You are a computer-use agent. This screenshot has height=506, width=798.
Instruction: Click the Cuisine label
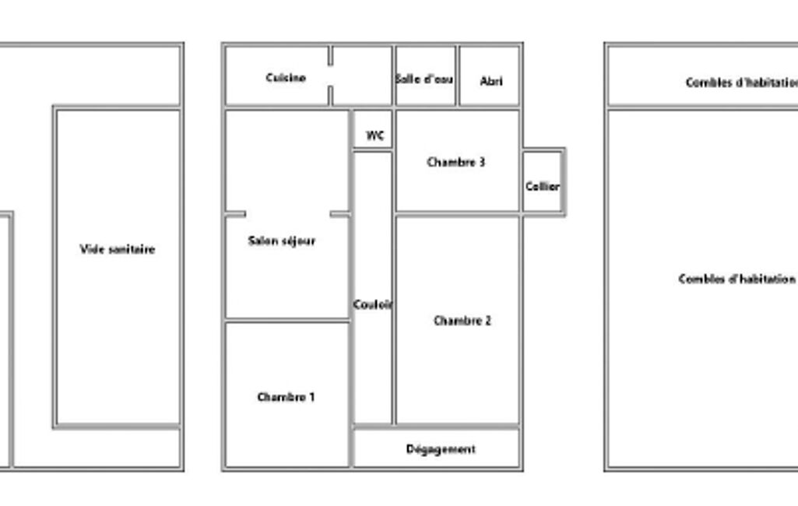pyautogui.click(x=286, y=78)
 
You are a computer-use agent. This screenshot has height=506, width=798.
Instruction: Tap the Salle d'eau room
pyautogui.click(x=425, y=76)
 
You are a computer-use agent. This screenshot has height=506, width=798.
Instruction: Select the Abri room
pyautogui.click(x=489, y=76)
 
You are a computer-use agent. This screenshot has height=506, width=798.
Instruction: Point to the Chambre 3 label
pyautogui.click(x=456, y=163)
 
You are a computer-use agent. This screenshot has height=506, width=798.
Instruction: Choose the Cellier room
pyautogui.click(x=542, y=181)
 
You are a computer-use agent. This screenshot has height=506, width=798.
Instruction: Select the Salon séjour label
pyautogui.click(x=281, y=241)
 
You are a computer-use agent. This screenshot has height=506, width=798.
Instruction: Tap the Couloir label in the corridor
pyautogui.click(x=373, y=304)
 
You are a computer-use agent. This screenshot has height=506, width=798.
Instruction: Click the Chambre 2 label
pyautogui.click(x=462, y=321)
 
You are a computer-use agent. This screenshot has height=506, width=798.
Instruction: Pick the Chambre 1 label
pyautogui.click(x=286, y=397)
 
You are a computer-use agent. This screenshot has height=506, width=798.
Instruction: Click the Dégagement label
pyautogui.click(x=441, y=449)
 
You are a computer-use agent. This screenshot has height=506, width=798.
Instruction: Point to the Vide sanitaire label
pyautogui.click(x=118, y=249)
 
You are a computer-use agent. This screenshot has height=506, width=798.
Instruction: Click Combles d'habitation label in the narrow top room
pyautogui.click(x=741, y=83)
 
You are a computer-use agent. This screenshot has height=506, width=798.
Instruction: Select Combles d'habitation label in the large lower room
pyautogui.click(x=737, y=279)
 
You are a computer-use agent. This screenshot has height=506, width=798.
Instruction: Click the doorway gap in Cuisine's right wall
pyautogui.click(x=330, y=76)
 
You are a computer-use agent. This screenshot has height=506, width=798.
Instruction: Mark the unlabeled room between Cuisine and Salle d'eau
pyautogui.click(x=362, y=76)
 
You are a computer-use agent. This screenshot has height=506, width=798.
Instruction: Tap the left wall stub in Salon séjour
pyautogui.click(x=236, y=214)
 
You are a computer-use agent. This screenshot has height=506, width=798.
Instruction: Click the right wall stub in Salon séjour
pyautogui.click(x=340, y=214)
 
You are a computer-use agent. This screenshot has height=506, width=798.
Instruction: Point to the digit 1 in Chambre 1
pyautogui.click(x=312, y=397)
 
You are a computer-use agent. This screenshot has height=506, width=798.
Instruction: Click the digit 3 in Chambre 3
pyautogui.click(x=482, y=163)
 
